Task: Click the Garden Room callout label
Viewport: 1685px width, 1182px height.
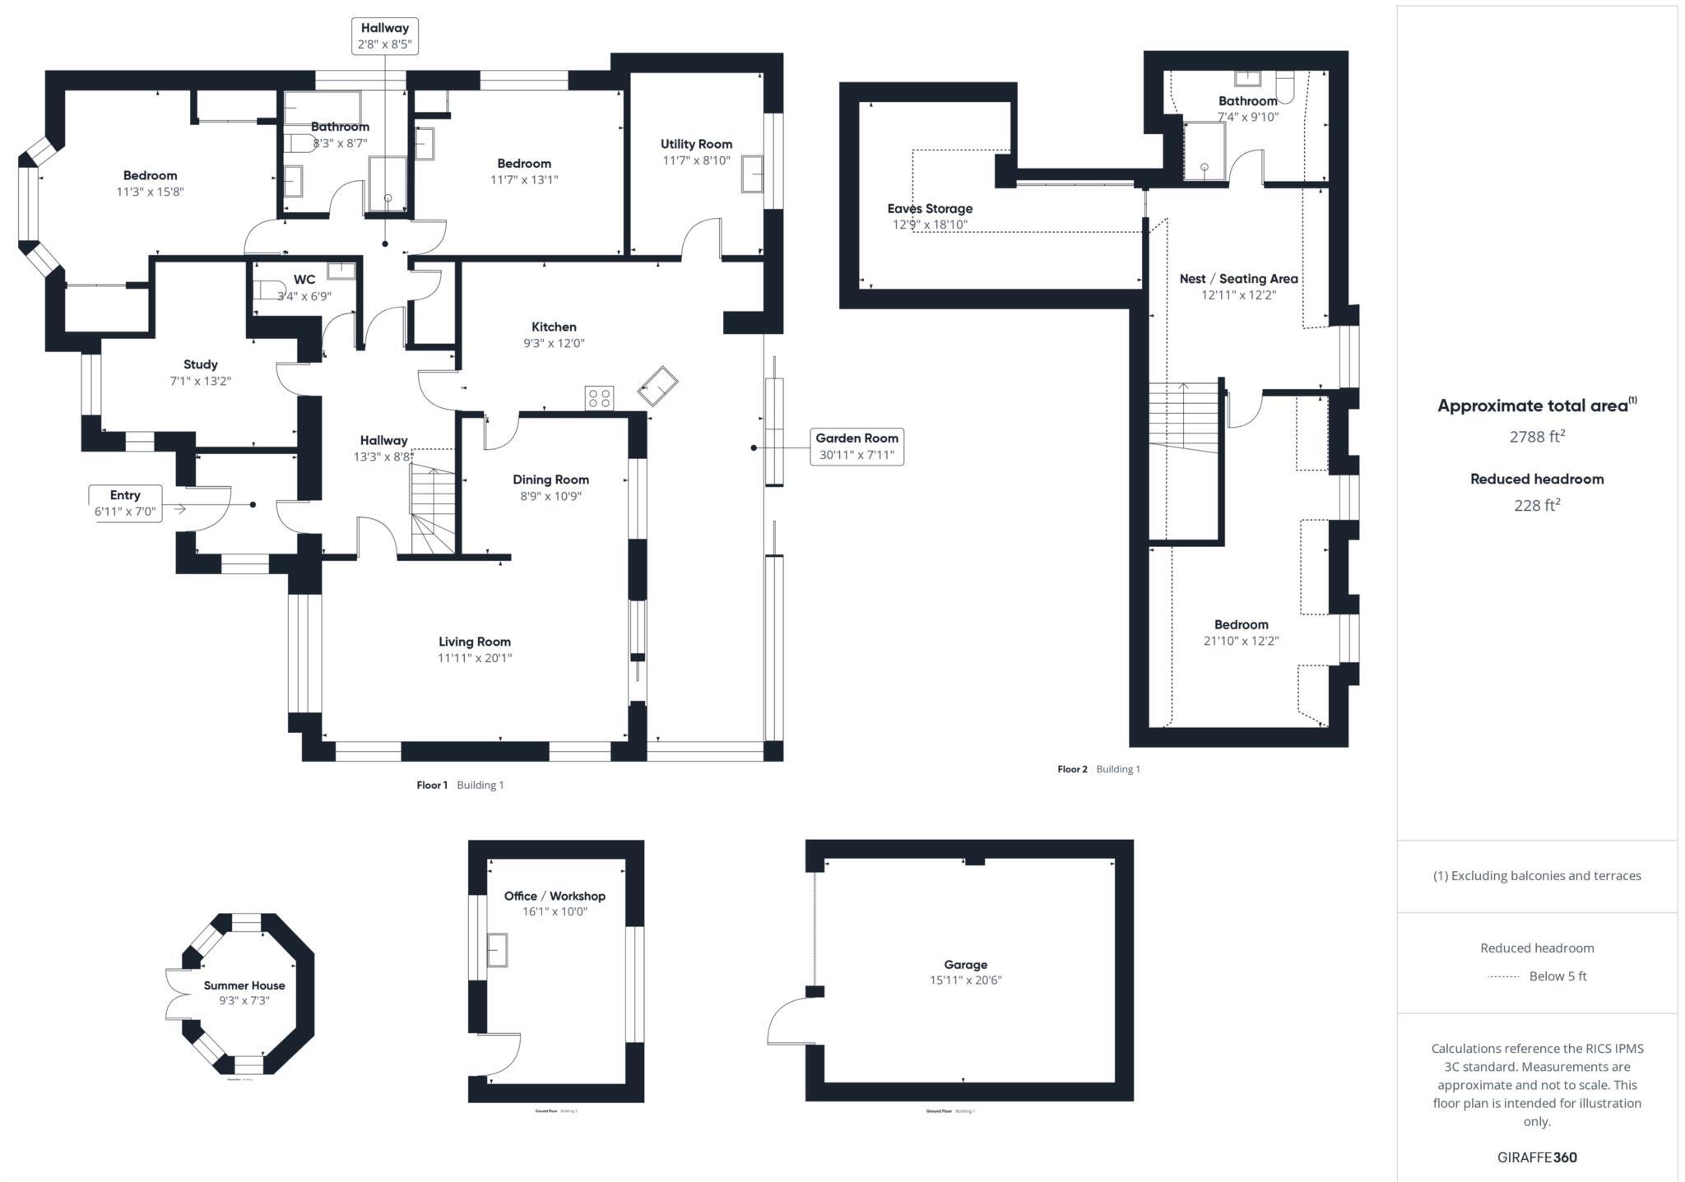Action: pos(856,447)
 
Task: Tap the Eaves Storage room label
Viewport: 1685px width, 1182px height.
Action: pos(930,209)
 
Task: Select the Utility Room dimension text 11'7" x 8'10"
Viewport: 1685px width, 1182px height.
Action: pos(696,160)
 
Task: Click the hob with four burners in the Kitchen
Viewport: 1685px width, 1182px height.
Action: pos(599,399)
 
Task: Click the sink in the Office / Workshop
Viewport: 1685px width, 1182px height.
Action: pos(497,950)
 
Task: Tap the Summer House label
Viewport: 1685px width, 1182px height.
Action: pos(244,985)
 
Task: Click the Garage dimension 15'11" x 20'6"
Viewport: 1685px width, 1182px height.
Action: pos(965,980)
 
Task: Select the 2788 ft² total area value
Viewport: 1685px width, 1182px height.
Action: pos(1536,437)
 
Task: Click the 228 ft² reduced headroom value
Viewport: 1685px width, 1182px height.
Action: pos(1536,506)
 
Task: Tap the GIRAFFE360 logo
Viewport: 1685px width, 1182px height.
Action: pos(1536,1157)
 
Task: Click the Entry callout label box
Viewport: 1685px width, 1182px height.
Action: pos(125,503)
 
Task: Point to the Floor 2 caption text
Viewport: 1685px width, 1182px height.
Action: pos(1072,769)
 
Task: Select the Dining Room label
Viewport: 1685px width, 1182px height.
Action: pos(550,480)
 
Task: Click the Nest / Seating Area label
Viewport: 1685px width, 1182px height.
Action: pos(1238,279)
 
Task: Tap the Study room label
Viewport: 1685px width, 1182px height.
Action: pos(201,364)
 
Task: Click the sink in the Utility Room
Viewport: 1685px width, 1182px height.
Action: pos(752,174)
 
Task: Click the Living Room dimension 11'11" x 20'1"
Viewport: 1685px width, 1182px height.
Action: pos(475,658)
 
